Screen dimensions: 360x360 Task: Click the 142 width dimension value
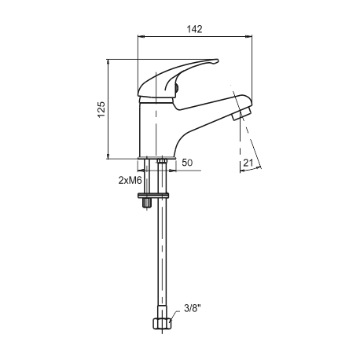(x=195, y=29)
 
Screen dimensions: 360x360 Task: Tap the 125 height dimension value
(x=101, y=109)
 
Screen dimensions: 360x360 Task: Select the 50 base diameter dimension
(x=187, y=163)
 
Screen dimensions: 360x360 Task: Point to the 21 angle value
(x=248, y=163)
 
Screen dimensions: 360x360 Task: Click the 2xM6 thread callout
(x=130, y=180)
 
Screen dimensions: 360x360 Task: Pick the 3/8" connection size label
(x=193, y=308)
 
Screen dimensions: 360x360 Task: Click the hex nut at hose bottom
(x=162, y=323)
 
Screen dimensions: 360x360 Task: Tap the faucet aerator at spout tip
(x=241, y=114)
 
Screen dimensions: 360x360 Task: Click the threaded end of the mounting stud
(x=147, y=203)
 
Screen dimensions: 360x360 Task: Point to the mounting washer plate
(x=153, y=195)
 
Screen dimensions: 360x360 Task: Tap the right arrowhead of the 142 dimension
(x=248, y=36)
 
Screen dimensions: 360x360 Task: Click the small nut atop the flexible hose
(x=162, y=160)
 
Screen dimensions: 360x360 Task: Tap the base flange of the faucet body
(x=156, y=158)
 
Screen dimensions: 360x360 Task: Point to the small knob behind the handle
(x=177, y=87)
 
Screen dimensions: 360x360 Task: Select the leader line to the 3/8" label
(x=174, y=315)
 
